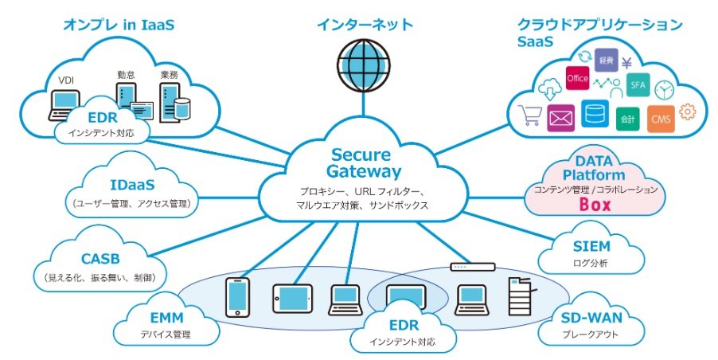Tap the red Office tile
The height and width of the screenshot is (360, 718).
tap(577, 78)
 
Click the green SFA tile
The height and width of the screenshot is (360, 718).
tap(638, 84)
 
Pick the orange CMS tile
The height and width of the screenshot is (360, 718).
tap(661, 119)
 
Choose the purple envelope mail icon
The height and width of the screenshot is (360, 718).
tap(561, 118)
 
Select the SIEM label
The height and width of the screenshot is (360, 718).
tap(591, 245)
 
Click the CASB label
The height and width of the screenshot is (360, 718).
tap(100, 259)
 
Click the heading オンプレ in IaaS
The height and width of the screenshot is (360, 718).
tap(119, 25)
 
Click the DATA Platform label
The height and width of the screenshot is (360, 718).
tap(595, 168)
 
